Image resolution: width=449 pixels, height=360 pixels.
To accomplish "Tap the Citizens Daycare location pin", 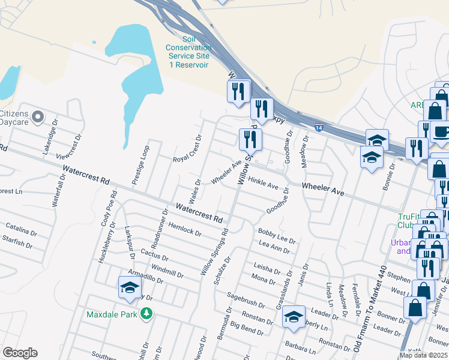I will tap(38, 116).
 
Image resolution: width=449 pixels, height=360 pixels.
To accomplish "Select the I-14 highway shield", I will tap(319, 127).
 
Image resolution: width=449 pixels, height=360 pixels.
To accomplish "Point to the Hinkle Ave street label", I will tap(264, 182).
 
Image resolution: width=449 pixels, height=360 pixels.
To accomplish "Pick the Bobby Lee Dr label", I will tap(277, 236).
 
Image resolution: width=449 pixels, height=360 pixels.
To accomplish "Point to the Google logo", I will tap(20, 352).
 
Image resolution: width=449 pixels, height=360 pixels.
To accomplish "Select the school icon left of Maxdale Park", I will tap(130, 287).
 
